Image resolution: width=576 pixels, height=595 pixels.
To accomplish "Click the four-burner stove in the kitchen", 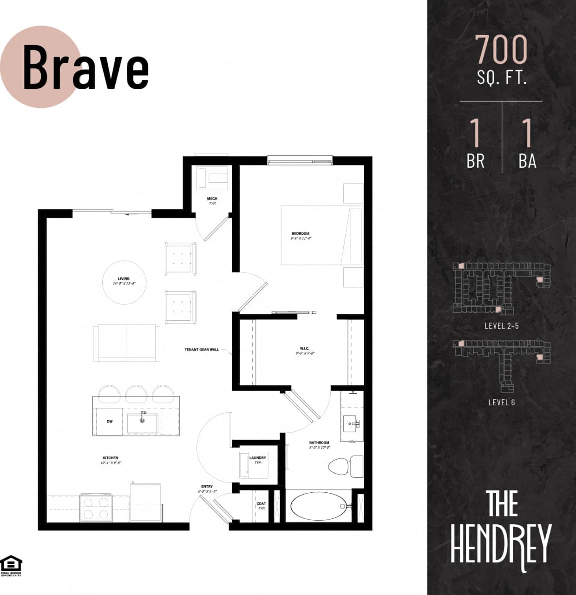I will [x=96, y=508].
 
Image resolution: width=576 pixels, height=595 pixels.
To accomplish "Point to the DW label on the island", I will [x=110, y=422].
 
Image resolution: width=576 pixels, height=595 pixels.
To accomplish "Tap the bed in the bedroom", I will [x=321, y=235].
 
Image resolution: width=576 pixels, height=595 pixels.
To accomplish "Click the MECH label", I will [x=212, y=198].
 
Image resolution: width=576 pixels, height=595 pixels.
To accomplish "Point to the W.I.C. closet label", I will [x=304, y=348].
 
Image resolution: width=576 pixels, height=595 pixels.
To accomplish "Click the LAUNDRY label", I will [x=257, y=458].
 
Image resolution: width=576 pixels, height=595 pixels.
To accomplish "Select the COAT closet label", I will [x=261, y=504].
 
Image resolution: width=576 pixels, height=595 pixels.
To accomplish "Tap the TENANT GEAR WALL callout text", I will [x=202, y=350].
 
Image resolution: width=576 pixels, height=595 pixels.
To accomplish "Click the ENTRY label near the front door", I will [x=207, y=487].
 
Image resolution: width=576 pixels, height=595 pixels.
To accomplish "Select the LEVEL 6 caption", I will [x=501, y=403].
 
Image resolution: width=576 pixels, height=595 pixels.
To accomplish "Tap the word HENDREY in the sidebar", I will [x=501, y=544].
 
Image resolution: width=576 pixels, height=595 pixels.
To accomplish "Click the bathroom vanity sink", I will [x=351, y=423].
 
